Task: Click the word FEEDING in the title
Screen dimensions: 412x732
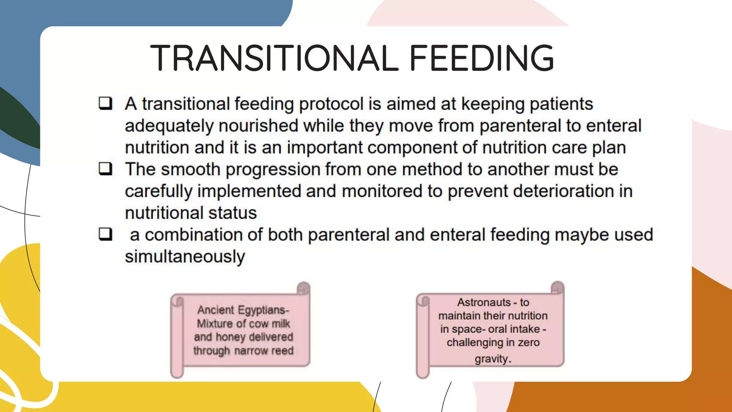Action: tap(481, 58)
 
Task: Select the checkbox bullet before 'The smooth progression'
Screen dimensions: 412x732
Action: tap(105, 168)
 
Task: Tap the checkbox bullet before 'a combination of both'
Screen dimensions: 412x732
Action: tap(105, 234)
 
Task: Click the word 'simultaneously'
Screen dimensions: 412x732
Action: tap(185, 257)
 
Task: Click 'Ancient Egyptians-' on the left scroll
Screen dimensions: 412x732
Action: tap(243, 310)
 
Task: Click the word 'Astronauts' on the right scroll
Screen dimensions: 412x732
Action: tap(484, 303)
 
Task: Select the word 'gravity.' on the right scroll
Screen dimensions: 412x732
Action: tap(493, 358)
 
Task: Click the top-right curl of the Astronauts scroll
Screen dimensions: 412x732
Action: tap(557, 288)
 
